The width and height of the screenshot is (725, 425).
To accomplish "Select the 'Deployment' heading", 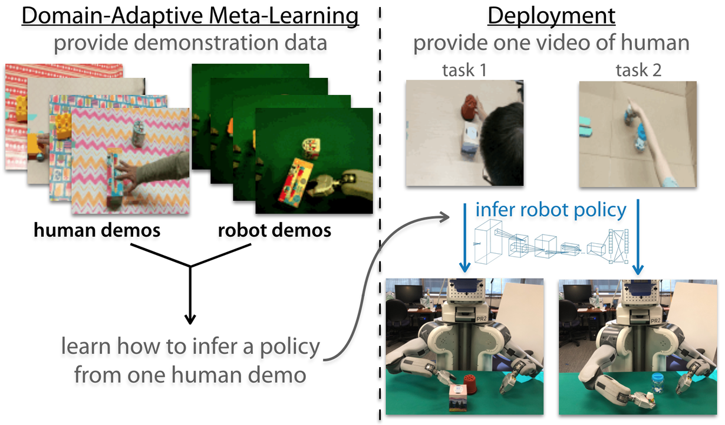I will click(x=551, y=17).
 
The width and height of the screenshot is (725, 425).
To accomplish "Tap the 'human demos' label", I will click(x=97, y=230).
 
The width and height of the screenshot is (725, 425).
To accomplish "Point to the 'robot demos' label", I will click(x=274, y=230).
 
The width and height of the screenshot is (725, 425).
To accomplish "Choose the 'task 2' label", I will click(x=638, y=71).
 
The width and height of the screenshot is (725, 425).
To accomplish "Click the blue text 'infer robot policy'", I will click(x=551, y=210).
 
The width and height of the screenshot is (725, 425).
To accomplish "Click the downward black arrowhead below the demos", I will click(x=190, y=319).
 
